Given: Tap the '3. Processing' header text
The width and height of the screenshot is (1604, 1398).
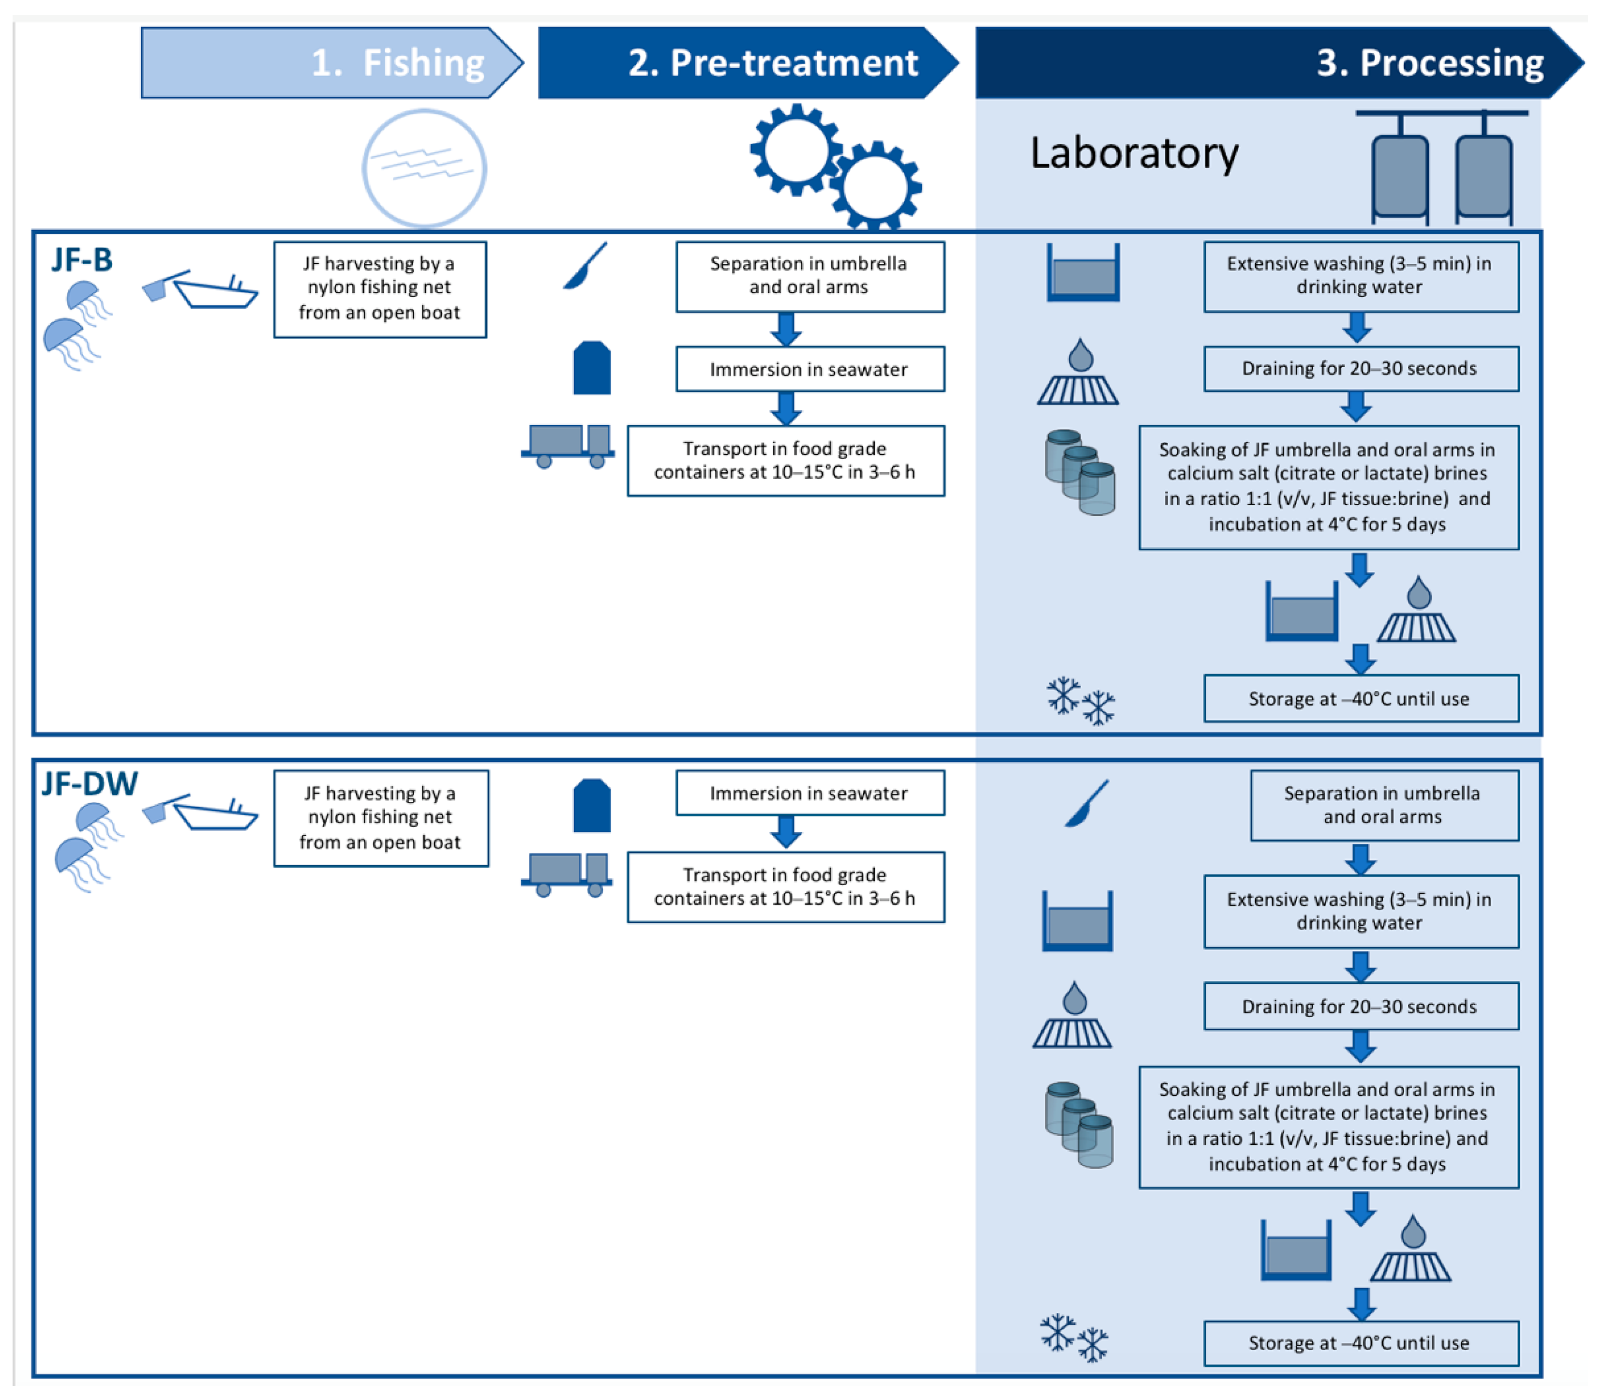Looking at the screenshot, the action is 1430,62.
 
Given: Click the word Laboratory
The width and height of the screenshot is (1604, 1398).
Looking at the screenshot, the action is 1134,153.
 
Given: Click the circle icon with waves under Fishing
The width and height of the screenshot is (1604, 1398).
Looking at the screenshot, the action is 424,168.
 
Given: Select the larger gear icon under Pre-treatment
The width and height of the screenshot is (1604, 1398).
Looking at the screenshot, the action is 796,150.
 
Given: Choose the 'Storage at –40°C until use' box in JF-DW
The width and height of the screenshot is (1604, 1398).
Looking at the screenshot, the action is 1361,1343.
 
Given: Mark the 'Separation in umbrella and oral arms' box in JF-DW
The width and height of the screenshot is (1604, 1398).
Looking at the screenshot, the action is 1384,805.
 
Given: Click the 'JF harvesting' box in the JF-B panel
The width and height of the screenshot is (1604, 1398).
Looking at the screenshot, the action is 380,289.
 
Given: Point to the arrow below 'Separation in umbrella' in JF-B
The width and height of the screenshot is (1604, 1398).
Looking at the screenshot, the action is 786,329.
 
